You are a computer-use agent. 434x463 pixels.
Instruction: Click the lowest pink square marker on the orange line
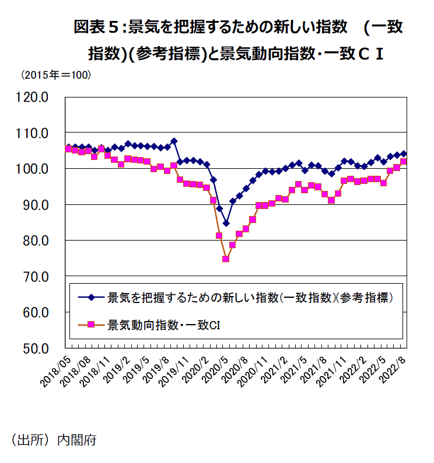[226, 259]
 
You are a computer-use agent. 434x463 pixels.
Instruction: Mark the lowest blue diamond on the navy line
[226, 223]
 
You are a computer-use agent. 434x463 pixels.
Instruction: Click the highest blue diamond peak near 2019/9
[174, 141]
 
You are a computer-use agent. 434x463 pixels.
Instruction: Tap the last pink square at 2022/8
[403, 162]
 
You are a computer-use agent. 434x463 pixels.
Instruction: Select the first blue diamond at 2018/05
[68, 147]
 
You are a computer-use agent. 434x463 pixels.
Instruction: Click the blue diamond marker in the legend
[92, 298]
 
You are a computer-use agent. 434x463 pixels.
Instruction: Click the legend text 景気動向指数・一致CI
[163, 324]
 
